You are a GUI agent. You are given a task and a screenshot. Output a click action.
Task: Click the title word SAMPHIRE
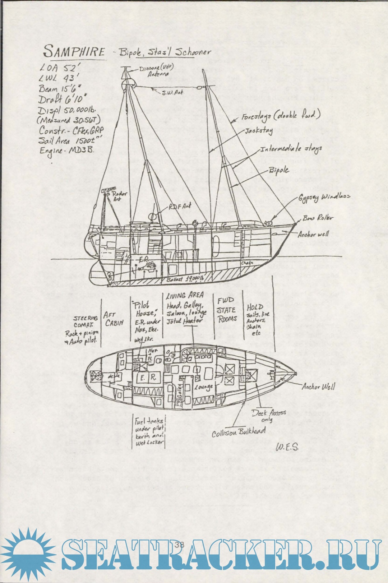[74, 51]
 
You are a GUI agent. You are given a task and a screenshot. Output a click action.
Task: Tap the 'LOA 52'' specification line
[57, 67]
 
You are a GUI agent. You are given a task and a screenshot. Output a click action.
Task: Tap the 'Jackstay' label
[259, 131]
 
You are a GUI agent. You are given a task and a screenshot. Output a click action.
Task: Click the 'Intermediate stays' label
[291, 149]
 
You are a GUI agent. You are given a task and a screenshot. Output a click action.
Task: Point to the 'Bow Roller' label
[318, 218]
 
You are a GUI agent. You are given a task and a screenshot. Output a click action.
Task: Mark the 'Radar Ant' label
[120, 196]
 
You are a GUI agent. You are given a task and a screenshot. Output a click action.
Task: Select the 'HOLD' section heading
[255, 307]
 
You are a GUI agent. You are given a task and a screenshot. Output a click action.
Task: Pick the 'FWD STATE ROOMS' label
[226, 310]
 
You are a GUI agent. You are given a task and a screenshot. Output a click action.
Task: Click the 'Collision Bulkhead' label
[239, 432]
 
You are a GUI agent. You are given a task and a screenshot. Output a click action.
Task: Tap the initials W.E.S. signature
[287, 447]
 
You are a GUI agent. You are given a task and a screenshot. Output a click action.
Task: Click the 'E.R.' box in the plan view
[148, 378]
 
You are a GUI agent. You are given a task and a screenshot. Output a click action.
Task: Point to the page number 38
[179, 545]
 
